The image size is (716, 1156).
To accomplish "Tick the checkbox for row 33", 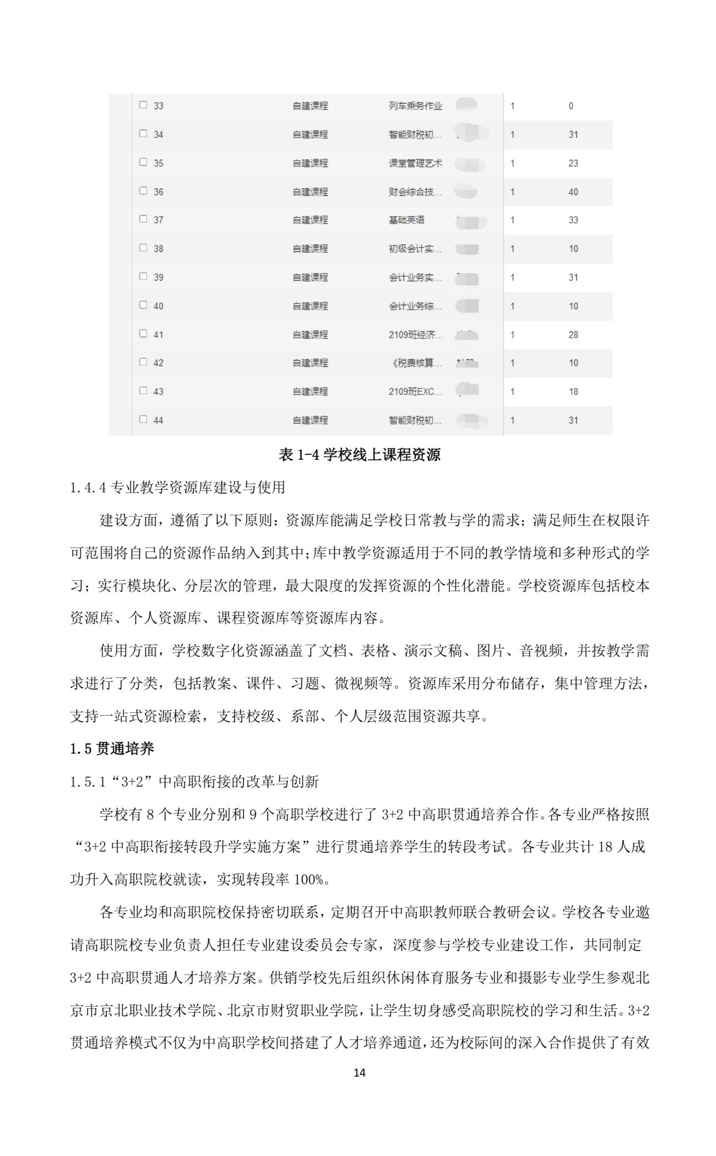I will (143, 104).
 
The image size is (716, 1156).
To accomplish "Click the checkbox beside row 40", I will (143, 305).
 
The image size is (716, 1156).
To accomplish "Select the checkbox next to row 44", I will (143, 419).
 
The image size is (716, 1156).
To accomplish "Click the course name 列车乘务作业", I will (415, 105).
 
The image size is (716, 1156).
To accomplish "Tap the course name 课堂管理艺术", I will (415, 163).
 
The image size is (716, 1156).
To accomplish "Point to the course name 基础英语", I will (406, 220).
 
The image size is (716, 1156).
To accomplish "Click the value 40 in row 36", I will (573, 192).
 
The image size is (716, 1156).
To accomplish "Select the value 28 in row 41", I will (573, 335).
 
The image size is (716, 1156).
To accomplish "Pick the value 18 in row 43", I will (573, 391).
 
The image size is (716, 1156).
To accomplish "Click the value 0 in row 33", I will (570, 105).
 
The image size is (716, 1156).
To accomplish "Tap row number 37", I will (158, 220).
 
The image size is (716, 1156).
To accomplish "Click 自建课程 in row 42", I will (310, 363).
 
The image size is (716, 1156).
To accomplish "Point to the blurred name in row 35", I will (469, 163).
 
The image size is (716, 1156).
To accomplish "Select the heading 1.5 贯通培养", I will (112, 749).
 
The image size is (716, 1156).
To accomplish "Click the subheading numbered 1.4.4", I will (177, 487).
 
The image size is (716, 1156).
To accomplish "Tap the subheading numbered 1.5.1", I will (194, 782).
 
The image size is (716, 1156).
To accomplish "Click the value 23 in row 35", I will (573, 163).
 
